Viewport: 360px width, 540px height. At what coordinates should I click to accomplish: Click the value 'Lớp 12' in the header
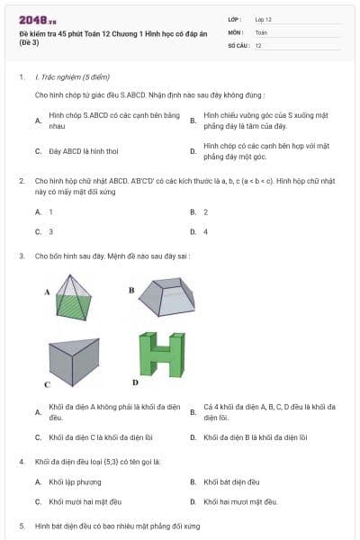(264, 18)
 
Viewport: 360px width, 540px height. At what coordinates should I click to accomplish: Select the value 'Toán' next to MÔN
(260, 31)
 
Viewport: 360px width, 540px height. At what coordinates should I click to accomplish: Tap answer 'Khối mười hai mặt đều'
(85, 501)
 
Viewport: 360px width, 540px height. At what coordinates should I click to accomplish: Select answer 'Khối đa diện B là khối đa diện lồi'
(256, 437)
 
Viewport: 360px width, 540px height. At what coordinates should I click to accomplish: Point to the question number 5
(21, 525)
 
